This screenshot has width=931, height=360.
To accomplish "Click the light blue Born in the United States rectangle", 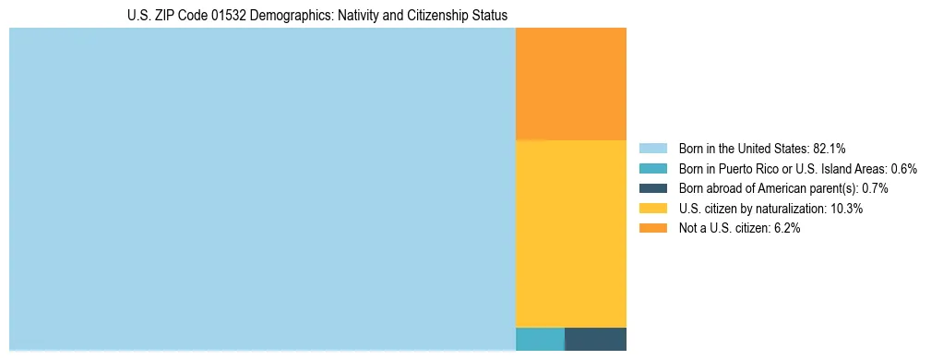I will point(262,189).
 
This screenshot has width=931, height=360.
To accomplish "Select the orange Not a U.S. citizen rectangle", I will point(570,83).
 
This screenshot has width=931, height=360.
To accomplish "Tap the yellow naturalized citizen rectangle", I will point(570,233).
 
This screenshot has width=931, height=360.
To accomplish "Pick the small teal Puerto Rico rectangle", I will point(540,339).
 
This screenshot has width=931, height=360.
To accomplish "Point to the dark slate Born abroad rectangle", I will point(595,339).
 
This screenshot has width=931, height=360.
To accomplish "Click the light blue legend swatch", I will point(652,148).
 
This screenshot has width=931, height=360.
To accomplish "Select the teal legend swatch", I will point(652,168).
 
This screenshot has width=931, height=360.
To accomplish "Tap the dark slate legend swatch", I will point(652,188).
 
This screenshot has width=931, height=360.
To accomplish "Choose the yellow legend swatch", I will point(652,209).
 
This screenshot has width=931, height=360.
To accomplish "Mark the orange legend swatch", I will point(652,229).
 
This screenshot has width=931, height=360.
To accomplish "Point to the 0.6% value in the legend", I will point(903,168).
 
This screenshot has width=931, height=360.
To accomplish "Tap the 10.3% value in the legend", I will point(846,209).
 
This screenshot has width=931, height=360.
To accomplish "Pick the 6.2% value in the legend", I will point(785,229).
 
